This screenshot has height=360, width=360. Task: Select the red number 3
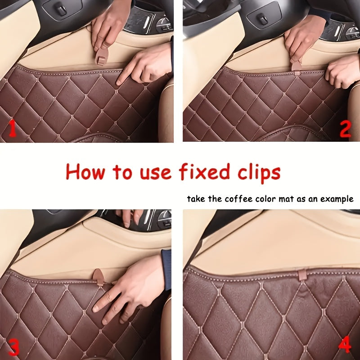14,347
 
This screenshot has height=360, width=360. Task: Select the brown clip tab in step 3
98,276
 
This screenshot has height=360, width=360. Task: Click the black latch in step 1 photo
61,10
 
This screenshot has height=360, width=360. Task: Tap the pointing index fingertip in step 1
119,82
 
